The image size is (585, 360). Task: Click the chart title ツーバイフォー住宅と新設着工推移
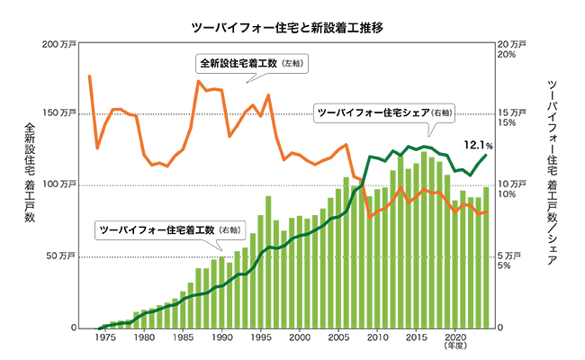coord(292,28)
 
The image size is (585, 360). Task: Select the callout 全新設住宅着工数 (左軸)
coord(252,64)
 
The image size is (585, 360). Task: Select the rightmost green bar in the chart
coord(486,257)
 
